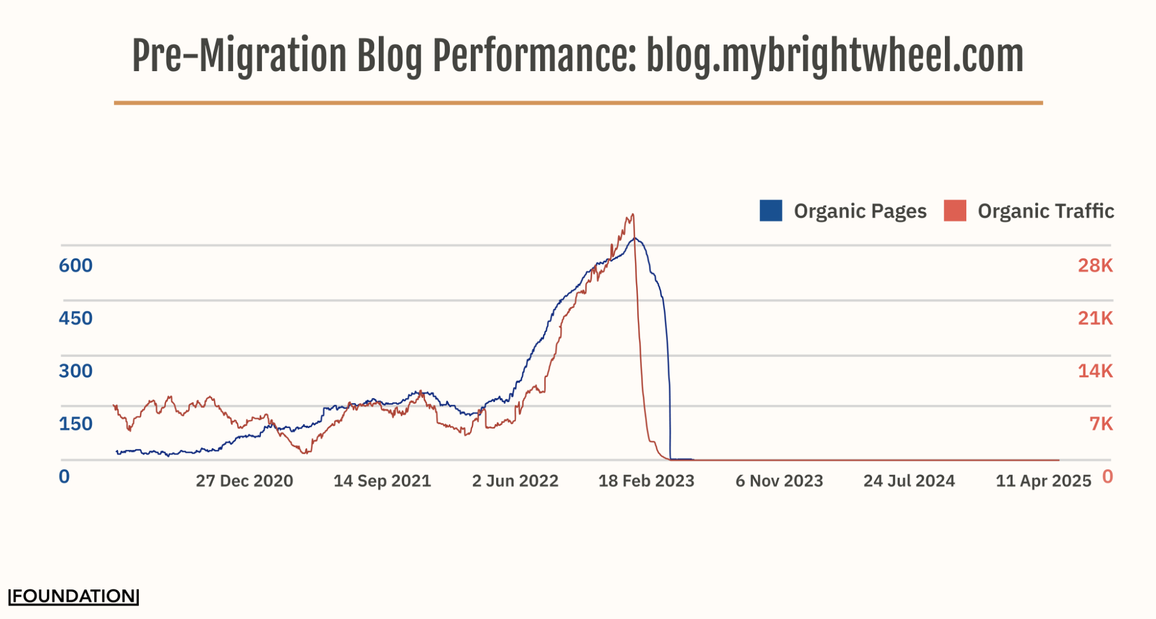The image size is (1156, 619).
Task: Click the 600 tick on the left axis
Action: (76, 266)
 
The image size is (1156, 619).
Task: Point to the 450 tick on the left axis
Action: (76, 318)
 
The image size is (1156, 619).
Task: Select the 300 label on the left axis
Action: (76, 371)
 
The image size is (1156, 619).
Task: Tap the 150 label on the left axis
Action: (76, 423)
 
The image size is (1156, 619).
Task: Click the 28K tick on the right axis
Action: (1095, 266)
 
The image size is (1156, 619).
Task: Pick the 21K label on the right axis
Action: (1095, 318)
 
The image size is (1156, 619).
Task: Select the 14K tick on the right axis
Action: (1095, 371)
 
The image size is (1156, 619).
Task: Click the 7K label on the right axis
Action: (1100, 423)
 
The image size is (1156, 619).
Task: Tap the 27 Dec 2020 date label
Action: (244, 481)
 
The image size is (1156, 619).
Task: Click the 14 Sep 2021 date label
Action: (382, 481)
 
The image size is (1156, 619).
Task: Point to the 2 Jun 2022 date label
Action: (515, 481)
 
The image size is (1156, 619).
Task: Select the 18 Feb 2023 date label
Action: (646, 481)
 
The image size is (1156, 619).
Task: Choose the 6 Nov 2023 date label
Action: (779, 481)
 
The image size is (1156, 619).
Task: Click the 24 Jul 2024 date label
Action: (909, 481)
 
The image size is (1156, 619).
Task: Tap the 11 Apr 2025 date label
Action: (1043, 481)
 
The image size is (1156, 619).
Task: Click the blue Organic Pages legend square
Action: (771, 211)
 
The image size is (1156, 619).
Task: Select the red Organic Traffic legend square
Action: (955, 211)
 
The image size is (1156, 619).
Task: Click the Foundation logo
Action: (74, 596)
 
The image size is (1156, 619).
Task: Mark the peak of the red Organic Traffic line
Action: (633, 215)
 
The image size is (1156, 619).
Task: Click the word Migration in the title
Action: (272, 57)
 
